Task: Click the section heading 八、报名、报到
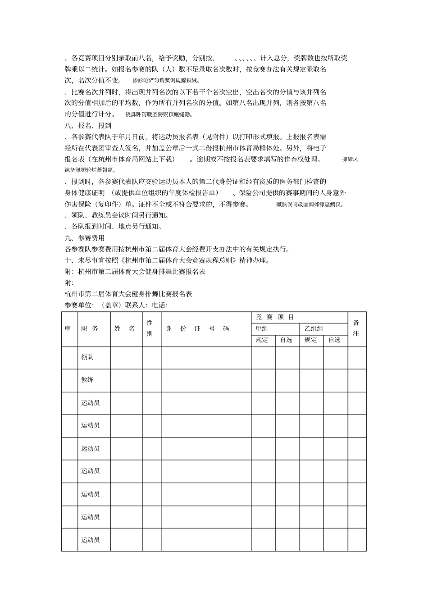click(88, 126)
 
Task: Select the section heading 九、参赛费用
click(85, 238)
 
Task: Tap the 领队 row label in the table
click(87, 357)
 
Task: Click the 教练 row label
click(87, 380)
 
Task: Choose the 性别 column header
click(150, 328)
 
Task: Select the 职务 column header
click(90, 329)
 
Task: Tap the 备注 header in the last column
click(356, 328)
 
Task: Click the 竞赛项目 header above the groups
click(275, 317)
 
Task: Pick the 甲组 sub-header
click(262, 329)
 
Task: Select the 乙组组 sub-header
click(314, 329)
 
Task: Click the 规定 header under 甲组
click(262, 340)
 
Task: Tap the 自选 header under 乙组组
click(334, 340)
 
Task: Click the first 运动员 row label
click(90, 403)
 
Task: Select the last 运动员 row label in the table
click(90, 540)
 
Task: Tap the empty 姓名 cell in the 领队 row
click(127, 358)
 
